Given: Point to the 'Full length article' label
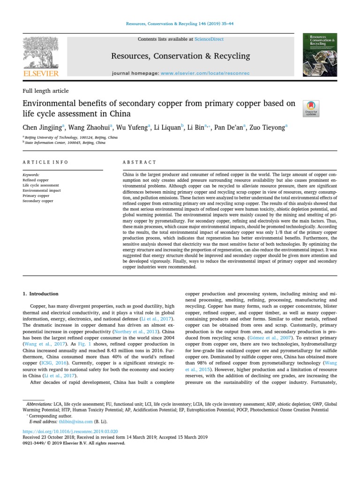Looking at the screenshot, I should click(45, 91).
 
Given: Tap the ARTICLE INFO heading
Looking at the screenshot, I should click(45, 162).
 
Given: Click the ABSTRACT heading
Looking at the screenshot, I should click(139, 162).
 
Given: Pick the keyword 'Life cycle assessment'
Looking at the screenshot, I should click(41, 185).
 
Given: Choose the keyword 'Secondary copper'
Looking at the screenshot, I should click(38, 201).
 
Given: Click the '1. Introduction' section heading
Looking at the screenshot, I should click(41, 294).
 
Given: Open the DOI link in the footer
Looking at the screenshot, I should click(70, 431).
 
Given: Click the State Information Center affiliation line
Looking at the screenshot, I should click(65, 142).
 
